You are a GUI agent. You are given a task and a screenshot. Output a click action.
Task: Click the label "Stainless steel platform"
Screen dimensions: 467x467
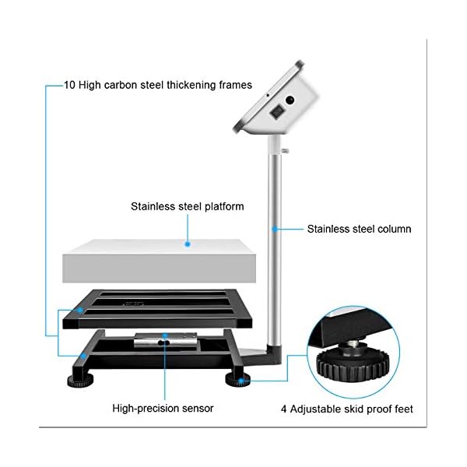coord(187,207)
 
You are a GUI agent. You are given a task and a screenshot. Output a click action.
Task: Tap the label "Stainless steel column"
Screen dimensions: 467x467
coord(359,229)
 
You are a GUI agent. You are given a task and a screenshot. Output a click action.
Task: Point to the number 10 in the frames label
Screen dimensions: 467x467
coord(70,83)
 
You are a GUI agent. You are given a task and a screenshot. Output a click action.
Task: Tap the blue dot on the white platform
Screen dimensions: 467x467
coord(188,244)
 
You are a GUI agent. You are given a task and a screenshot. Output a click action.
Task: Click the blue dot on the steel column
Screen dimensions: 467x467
coord(275,229)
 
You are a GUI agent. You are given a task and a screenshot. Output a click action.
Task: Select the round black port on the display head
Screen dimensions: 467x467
coord(290,100)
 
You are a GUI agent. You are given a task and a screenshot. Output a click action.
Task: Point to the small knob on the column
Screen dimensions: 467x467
coord(286,149)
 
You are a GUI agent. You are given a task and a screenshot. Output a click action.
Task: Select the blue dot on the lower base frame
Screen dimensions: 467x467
coord(83,357)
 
